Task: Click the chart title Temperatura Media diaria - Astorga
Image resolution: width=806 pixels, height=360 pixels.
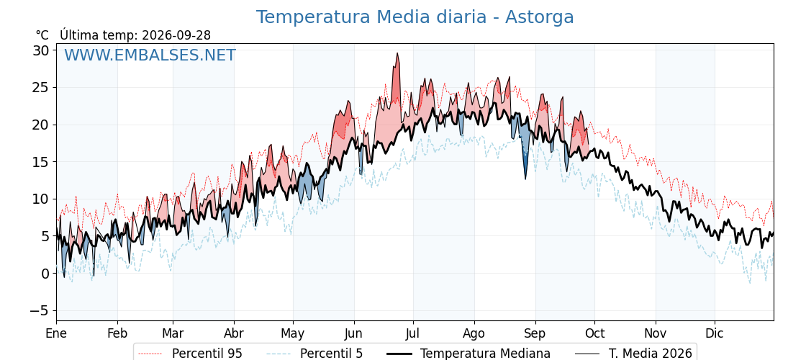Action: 415,17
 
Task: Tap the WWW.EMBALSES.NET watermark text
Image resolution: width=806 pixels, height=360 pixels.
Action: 150,55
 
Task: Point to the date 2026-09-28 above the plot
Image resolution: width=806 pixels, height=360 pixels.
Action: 176,35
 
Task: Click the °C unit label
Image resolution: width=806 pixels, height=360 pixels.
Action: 42,35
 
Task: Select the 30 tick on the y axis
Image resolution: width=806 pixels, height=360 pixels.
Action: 41,50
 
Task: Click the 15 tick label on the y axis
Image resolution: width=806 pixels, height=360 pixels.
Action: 41,162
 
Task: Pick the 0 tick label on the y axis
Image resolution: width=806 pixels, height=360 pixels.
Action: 45,274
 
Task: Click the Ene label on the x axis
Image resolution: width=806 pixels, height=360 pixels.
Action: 56,333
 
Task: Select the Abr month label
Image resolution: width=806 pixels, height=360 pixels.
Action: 234,333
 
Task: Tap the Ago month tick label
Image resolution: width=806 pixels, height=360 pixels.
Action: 474,333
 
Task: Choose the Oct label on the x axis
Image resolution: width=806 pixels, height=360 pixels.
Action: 594,333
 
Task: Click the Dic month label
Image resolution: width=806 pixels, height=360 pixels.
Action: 715,333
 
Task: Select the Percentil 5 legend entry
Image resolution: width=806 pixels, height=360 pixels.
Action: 314,354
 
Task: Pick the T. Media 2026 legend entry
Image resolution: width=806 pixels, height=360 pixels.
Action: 633,354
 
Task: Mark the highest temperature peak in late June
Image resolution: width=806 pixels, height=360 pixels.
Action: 397,53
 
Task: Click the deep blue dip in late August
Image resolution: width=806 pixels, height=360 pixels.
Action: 525,178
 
